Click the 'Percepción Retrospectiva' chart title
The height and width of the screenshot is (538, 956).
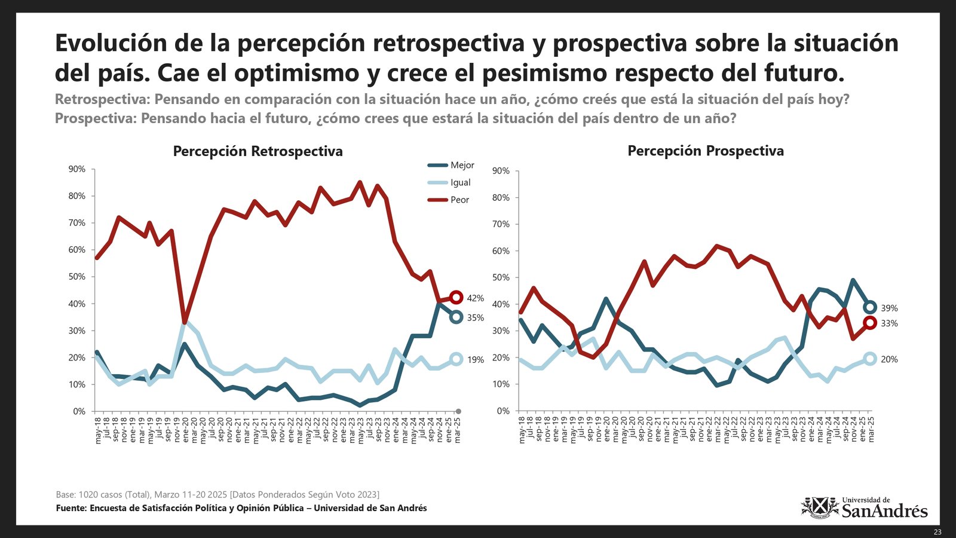258,151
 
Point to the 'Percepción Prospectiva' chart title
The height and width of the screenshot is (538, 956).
705,151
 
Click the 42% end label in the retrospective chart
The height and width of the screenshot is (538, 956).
475,298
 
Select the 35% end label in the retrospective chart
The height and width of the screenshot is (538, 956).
475,318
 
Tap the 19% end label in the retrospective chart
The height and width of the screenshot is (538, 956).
475,360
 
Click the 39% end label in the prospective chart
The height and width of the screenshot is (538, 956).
889,308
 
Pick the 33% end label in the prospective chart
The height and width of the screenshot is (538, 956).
889,323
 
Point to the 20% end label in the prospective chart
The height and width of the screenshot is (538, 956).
889,359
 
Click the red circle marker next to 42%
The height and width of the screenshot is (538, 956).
456,297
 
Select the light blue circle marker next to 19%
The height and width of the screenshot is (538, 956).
456,359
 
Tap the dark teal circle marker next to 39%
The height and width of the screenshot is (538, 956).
870,307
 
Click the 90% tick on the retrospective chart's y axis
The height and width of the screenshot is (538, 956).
77,169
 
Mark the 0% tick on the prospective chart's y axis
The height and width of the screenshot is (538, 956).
502,411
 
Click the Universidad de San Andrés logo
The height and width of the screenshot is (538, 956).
864,508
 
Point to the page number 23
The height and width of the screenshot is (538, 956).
937,532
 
